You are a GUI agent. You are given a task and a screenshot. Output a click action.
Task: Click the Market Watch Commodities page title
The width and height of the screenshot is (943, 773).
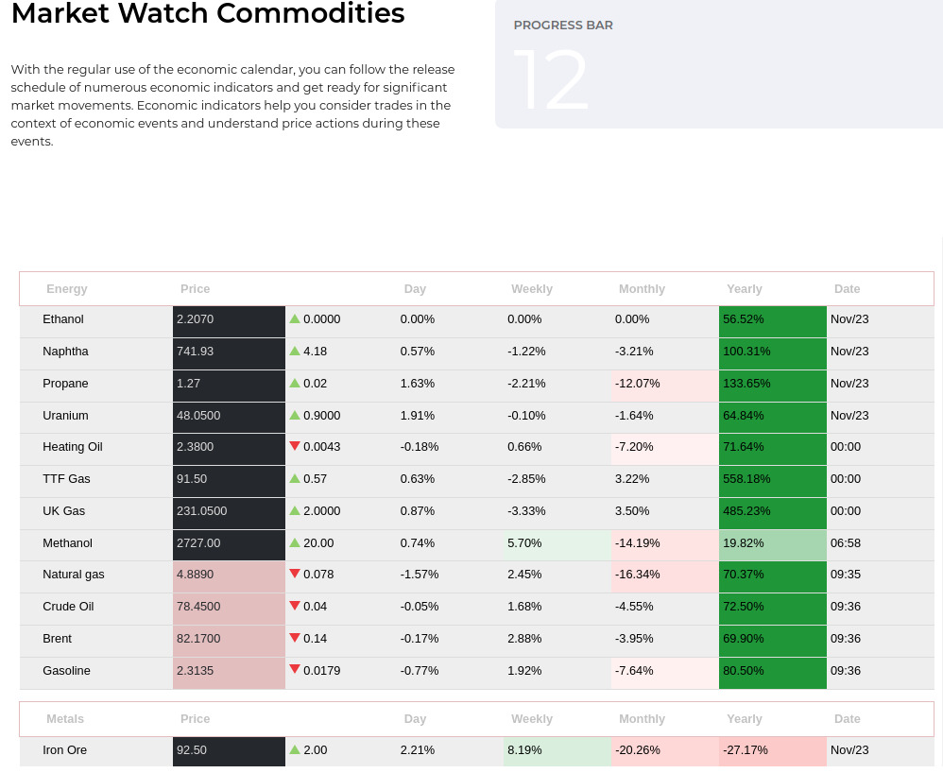click(x=208, y=14)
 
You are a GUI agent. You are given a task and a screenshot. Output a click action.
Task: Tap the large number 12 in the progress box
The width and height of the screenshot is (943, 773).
click(x=551, y=81)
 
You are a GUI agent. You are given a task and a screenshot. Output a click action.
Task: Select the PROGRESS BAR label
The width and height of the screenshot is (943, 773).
click(x=563, y=26)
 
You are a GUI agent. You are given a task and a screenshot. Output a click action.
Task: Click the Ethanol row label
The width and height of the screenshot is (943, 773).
click(x=63, y=319)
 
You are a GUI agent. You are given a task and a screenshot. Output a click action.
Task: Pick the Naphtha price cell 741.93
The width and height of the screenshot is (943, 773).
click(x=196, y=352)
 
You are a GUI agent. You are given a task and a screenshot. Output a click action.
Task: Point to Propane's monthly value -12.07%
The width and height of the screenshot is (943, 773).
click(x=638, y=384)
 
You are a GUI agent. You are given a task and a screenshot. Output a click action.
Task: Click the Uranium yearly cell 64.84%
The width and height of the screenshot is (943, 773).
click(x=744, y=416)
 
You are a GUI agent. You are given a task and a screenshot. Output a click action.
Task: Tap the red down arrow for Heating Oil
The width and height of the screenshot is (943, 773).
click(x=295, y=446)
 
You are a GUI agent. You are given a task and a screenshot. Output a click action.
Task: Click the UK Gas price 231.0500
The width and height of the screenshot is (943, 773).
click(x=201, y=511)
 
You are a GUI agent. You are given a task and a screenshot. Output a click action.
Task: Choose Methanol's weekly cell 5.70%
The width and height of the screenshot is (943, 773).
click(x=523, y=543)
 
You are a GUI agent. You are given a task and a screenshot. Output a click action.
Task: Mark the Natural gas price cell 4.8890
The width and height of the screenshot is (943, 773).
click(x=195, y=575)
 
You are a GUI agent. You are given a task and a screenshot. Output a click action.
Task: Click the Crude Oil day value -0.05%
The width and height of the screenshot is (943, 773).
click(x=420, y=607)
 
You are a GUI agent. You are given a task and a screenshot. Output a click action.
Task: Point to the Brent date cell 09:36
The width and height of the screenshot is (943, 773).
click(x=846, y=639)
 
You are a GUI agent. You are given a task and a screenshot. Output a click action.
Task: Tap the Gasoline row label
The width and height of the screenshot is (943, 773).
click(x=66, y=671)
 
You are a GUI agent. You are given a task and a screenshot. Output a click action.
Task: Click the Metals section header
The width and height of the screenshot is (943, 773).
click(x=65, y=719)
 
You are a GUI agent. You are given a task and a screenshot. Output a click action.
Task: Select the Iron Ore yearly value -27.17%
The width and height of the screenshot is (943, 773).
click(x=746, y=750)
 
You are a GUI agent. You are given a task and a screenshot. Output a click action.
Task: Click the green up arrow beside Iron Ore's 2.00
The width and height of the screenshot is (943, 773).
click(x=295, y=749)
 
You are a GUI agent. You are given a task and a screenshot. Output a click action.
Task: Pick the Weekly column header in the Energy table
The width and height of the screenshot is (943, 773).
click(x=532, y=289)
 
